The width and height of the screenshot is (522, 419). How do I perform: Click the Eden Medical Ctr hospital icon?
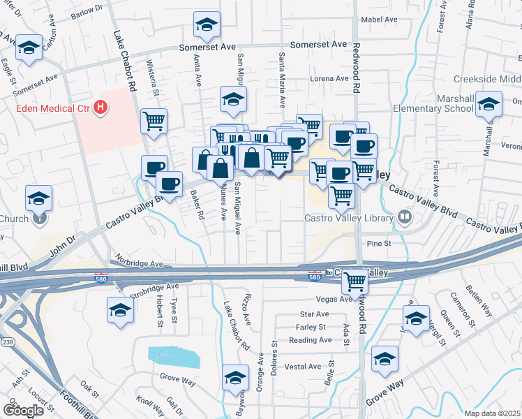point(101,108)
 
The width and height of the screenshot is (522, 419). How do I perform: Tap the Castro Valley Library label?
point(349,218)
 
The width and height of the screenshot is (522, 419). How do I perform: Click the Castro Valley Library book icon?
point(404,218)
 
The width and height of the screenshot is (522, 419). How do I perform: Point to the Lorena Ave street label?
point(329,78)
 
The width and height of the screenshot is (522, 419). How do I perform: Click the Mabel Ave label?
point(378,19)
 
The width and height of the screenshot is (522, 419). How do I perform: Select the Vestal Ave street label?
point(302,367)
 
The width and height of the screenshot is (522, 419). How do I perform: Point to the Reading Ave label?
point(310,340)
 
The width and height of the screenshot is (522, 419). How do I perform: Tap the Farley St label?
point(311,327)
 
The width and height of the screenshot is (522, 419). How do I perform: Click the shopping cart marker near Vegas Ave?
point(355,281)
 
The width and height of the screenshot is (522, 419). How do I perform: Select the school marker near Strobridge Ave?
point(120,309)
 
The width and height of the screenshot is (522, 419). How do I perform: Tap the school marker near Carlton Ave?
point(28,47)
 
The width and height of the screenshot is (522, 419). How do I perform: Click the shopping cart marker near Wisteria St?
point(154,120)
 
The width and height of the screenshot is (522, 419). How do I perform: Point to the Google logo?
point(23,411)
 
